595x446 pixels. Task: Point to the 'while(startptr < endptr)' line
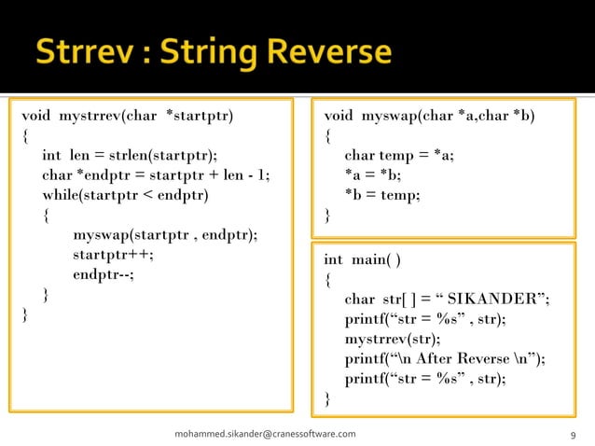point(126,195)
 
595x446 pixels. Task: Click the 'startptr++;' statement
point(113,254)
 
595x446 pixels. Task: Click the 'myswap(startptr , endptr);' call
point(165,234)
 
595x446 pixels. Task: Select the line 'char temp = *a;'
point(399,155)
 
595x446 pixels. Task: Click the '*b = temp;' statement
point(382,194)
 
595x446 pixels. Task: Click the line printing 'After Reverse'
point(445,359)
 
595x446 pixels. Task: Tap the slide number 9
point(571,435)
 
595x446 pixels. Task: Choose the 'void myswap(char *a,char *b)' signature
point(431,117)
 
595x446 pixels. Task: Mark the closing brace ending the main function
point(327,398)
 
